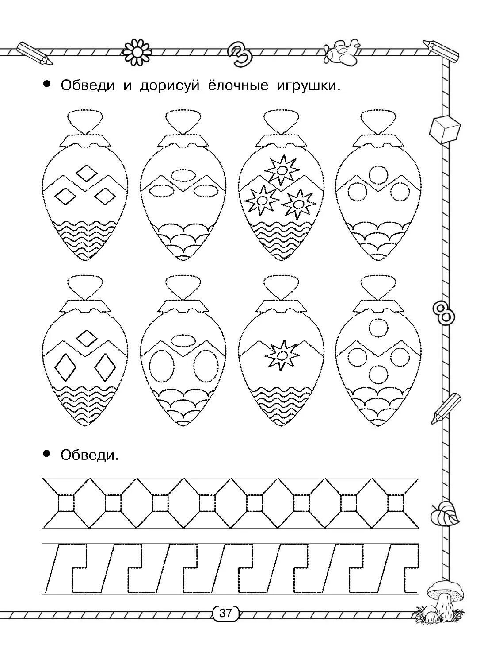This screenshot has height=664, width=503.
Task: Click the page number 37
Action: pos(225,614)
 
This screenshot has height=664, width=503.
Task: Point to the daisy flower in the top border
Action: pos(137,52)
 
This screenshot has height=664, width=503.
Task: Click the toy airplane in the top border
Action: pos(341,52)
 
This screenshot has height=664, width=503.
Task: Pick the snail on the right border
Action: pos(445,515)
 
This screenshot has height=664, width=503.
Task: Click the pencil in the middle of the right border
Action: pos(446,408)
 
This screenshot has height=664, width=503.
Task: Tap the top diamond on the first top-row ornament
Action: pos(86,173)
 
